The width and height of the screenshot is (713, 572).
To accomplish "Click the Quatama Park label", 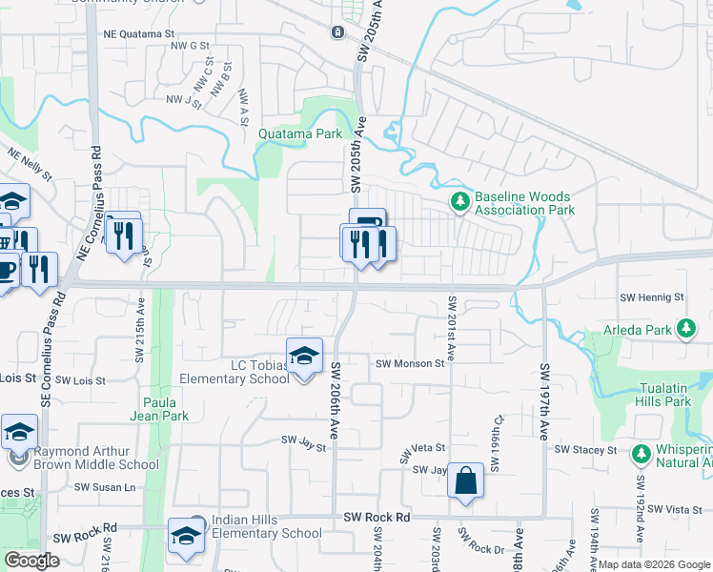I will [300, 134].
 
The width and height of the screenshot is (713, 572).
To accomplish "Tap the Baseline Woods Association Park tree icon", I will [460, 200].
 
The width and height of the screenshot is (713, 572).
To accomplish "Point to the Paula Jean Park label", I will [166, 409].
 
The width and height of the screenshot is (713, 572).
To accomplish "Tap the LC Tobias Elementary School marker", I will [304, 357].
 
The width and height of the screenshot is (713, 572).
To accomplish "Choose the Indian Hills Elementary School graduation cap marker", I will [184, 536].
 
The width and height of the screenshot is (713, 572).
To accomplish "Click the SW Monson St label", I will [410, 363].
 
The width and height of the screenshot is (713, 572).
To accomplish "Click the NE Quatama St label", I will [132, 34].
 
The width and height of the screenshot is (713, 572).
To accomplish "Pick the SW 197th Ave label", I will [545, 400].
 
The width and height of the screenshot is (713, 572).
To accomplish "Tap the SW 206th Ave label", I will [336, 400].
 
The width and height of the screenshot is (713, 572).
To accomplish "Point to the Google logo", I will [31, 560].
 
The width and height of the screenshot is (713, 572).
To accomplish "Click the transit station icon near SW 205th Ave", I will [337, 32].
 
